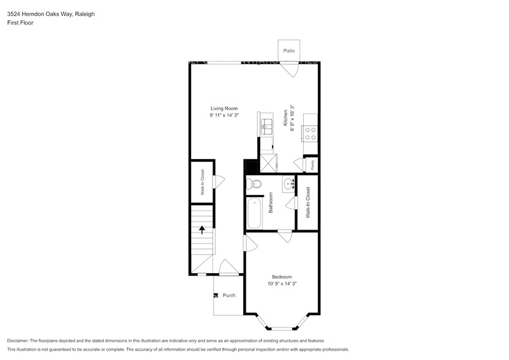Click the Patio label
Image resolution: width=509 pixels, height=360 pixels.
tap(287, 51)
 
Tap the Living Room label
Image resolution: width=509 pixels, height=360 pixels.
tap(224, 108)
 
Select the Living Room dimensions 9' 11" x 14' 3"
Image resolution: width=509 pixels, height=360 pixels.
tap(224, 115)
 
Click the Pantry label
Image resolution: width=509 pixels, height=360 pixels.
tap(312, 165)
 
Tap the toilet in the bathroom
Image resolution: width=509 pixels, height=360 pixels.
tap(254, 184)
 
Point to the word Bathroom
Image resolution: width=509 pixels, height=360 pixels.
tap(270, 203)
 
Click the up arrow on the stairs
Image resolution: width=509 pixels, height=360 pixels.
tap(202, 230)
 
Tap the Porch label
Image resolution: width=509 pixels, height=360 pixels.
tap(229, 295)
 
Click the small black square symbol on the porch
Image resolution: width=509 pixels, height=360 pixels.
tap(215, 295)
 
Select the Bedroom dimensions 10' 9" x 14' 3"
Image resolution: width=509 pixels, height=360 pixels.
tap(282, 283)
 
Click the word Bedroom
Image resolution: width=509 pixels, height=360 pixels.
tap(282, 277)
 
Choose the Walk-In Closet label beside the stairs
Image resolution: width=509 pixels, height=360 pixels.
tap(202, 182)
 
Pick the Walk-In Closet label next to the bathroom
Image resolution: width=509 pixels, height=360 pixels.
tap(308, 203)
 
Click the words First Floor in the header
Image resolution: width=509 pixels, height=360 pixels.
tap(20, 23)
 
